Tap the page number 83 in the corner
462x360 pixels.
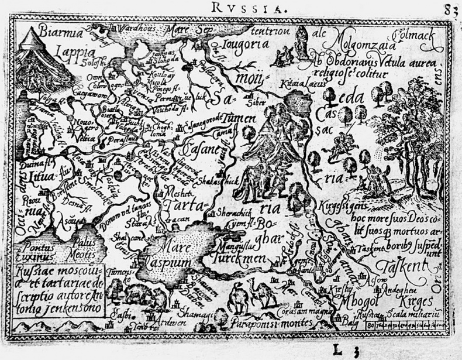click(x=451, y=10)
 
